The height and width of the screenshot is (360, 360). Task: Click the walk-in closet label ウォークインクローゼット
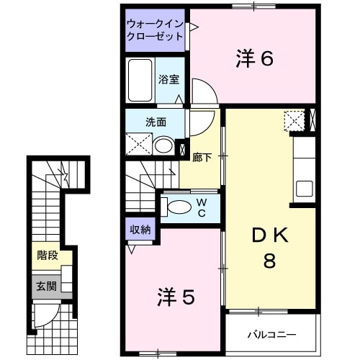155,30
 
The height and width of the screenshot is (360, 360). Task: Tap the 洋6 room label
255,59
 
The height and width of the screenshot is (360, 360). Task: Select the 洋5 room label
176,297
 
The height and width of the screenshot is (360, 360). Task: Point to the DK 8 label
270,248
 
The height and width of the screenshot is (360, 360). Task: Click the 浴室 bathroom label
168,79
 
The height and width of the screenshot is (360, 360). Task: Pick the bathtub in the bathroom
140,80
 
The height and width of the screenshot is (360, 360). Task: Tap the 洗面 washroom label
156,122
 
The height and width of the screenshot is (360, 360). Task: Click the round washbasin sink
163,146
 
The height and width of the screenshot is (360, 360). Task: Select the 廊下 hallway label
202,158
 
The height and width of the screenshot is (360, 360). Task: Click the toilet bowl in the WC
179,207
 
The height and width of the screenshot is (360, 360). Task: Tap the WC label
202,208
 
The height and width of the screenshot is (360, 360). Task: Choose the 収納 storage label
140,230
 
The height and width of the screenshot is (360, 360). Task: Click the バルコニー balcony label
272,335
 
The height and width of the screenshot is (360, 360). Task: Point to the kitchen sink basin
305,189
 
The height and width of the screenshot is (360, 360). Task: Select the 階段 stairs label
48,255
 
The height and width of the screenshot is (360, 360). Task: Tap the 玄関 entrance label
46,286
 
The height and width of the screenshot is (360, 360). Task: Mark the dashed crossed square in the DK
294,121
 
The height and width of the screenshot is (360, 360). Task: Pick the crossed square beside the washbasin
139,144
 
